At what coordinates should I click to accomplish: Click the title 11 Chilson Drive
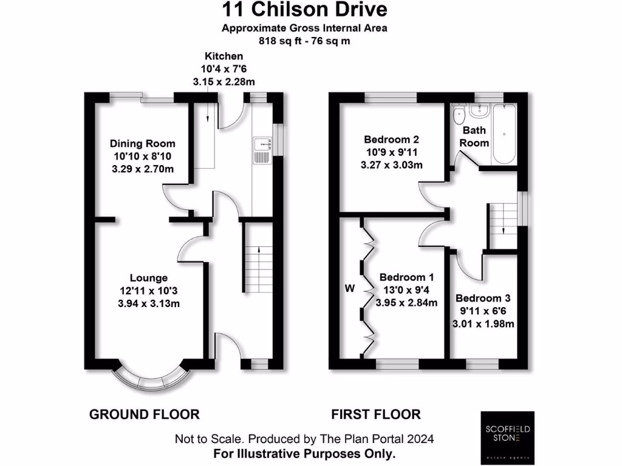click(304, 10)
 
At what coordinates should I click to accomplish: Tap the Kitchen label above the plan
click(224, 56)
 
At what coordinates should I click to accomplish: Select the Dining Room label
click(142, 143)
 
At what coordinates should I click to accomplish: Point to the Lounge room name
click(149, 278)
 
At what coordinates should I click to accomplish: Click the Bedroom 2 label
click(392, 140)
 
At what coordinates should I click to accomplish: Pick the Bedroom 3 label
click(483, 299)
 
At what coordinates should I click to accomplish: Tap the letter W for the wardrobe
click(349, 288)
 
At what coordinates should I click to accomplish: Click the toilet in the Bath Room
click(459, 113)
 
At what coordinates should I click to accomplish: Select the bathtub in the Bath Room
click(504, 134)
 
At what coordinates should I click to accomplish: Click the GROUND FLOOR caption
click(145, 414)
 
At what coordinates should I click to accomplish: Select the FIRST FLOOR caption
click(376, 414)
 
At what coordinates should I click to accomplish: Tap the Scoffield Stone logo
click(507, 438)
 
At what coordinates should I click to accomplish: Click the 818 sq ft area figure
click(278, 41)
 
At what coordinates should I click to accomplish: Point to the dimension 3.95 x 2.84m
click(406, 303)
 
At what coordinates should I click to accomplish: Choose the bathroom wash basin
click(479, 110)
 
